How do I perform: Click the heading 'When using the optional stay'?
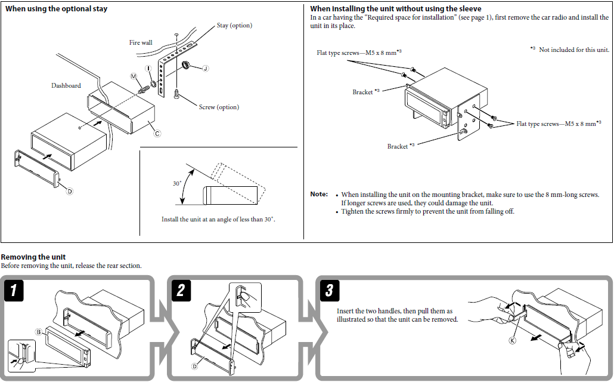coord(57,9)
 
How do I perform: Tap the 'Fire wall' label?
coord(141,43)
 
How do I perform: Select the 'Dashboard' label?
coord(66,85)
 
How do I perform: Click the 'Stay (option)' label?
coord(234,26)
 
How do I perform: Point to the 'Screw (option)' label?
coord(219,107)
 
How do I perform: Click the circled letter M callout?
coord(134,76)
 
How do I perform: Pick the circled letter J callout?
coord(206,69)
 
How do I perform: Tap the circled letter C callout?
coord(157,133)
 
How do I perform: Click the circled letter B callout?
coord(39,331)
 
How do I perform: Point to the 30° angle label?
coord(177,184)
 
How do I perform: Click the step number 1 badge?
coord(17,291)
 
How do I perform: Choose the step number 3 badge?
coord(330,291)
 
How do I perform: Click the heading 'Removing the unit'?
coord(33,257)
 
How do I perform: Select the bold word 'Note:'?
coord(319,195)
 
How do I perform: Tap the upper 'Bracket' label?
coord(362,93)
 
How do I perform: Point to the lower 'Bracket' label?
coord(398,147)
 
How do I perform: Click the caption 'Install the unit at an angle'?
coord(218,220)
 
